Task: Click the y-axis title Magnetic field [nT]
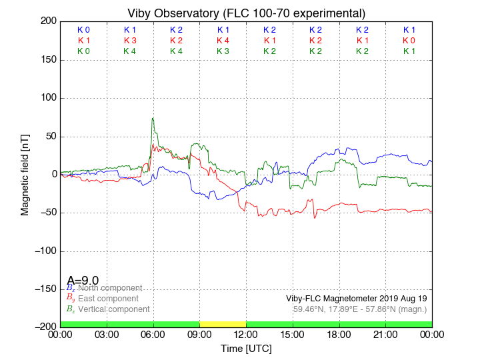coord(25,173)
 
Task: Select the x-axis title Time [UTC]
coord(246,349)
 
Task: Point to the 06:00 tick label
coord(153,335)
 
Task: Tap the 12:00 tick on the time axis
coord(246,335)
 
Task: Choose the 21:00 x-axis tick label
coord(385,335)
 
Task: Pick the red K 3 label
coord(130,41)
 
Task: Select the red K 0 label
coord(409,41)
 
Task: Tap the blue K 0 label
coord(83,30)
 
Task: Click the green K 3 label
coord(223,51)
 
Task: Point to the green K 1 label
coord(409,51)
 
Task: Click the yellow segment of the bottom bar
coord(223,324)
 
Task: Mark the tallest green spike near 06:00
coord(153,119)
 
